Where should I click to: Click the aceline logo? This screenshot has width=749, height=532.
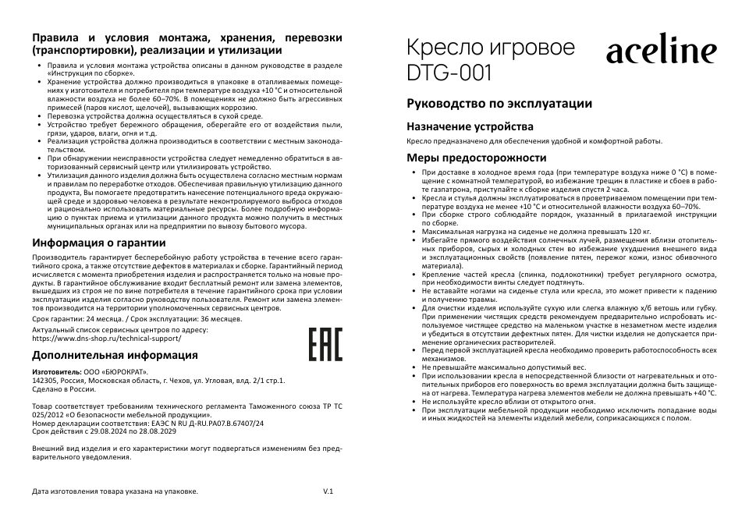tap(661, 52)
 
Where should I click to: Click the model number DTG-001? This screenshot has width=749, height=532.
tap(449, 73)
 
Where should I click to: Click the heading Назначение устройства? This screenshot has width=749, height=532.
tap(470, 126)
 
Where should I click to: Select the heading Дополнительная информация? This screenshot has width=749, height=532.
tap(115, 355)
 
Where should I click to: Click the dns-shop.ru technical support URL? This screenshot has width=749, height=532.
tap(108, 339)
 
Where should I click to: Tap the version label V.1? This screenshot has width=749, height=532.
tap(328, 492)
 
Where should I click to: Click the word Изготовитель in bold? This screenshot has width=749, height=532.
tap(57, 372)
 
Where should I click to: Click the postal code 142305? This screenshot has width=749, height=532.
tap(46, 381)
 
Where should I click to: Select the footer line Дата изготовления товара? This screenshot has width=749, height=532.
tap(115, 492)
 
